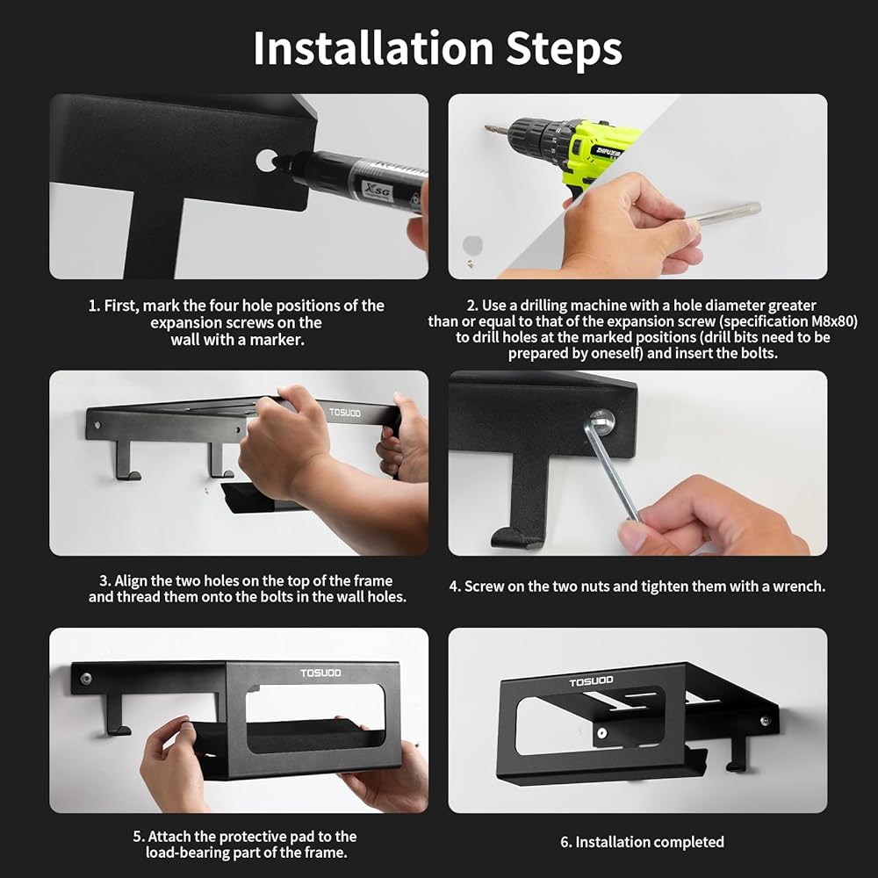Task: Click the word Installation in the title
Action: (373, 48)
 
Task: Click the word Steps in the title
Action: (564, 49)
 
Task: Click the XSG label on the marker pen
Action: (378, 191)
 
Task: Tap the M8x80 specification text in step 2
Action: (834, 321)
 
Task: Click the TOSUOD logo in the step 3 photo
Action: (345, 413)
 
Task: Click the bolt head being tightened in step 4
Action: (602, 420)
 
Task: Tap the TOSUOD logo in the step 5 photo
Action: (320, 673)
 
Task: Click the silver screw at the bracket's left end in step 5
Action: (86, 679)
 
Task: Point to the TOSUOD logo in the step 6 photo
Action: (591, 681)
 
